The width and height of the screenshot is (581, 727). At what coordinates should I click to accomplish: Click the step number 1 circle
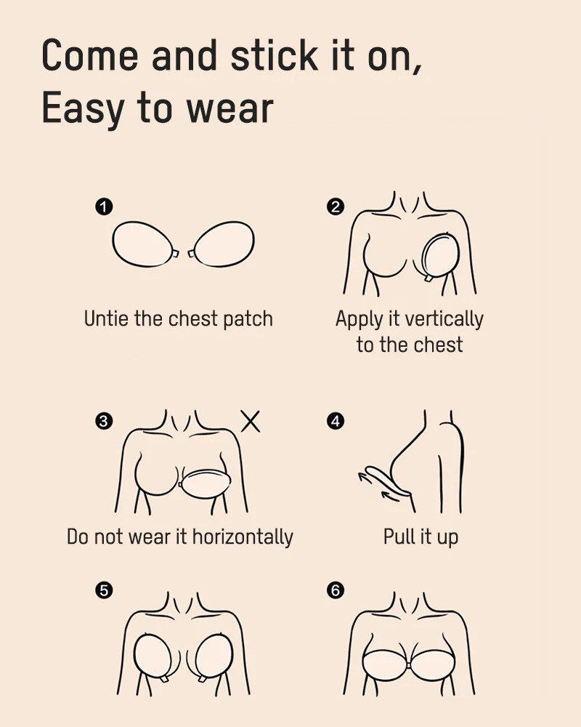(104, 207)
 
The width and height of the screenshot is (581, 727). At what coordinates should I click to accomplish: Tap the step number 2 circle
(336, 207)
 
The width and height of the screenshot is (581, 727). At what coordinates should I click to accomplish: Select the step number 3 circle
(104, 421)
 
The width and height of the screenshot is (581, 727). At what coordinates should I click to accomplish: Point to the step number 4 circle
(336, 421)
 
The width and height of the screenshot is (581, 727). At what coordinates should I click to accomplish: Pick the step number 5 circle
(104, 591)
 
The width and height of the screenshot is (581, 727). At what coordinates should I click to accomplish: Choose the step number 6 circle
(336, 591)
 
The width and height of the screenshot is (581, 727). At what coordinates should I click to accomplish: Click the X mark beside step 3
(251, 421)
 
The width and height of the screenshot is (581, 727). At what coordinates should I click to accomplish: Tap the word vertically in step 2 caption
(444, 319)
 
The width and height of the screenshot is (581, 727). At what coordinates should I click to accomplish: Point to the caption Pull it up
(421, 537)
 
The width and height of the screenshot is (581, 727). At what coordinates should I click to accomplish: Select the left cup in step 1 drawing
(144, 244)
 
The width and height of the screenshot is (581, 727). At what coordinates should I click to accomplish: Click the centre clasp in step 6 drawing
(410, 664)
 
